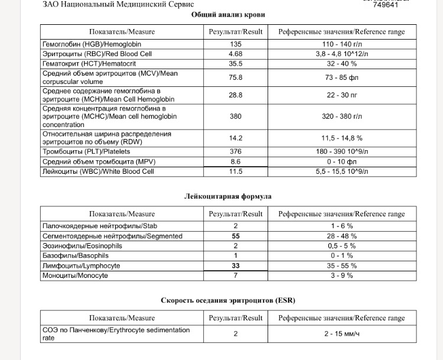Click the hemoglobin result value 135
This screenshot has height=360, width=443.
[236, 44]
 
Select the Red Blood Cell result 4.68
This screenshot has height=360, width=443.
[236, 53]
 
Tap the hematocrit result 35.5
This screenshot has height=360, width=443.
[236, 63]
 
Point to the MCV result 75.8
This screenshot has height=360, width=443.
[236, 77]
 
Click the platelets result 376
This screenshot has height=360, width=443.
[236, 151]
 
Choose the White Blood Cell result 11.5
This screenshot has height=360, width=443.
[236, 171]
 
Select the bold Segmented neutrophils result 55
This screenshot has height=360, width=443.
[236, 236]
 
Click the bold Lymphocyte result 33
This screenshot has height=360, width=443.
[236, 266]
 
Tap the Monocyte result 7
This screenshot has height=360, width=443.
[236, 275]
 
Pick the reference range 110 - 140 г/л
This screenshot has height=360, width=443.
[343, 44]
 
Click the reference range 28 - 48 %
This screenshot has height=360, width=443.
[343, 236]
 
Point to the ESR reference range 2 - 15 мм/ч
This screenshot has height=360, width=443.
[343, 334]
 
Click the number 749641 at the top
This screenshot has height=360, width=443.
[385, 5]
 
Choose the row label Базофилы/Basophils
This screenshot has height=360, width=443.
[76, 256]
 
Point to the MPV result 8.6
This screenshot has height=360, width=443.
[236, 161]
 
